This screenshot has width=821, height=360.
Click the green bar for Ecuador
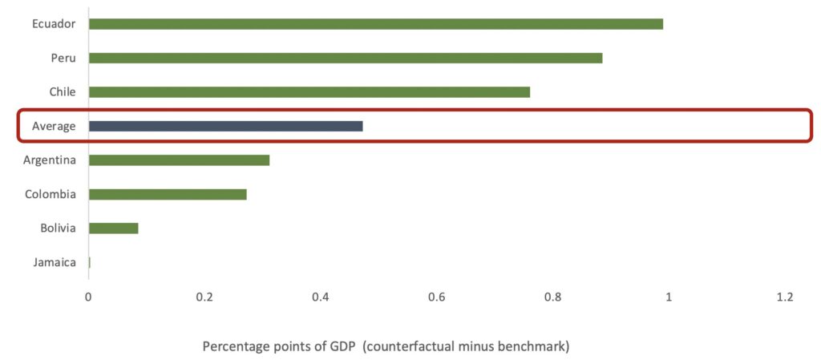(375, 24)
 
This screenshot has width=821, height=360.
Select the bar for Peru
(345, 59)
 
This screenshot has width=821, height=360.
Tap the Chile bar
(309, 92)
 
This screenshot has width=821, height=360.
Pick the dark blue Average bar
(225, 126)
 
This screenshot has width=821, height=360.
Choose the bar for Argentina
(179, 160)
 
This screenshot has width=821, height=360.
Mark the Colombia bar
(168, 194)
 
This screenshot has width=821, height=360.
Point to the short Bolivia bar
(113, 229)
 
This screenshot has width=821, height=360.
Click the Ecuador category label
(54, 24)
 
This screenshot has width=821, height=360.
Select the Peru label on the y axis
(63, 59)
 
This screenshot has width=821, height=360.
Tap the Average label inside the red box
(54, 126)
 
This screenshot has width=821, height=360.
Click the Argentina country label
(50, 160)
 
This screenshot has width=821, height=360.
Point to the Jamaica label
(55, 262)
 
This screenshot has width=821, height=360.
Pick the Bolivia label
(58, 229)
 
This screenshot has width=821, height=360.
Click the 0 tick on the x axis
(88, 297)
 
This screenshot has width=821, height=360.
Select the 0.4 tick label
(321, 297)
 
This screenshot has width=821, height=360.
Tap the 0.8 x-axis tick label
(552, 297)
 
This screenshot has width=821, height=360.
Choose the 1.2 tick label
(785, 297)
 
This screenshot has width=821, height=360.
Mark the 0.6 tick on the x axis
(437, 297)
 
